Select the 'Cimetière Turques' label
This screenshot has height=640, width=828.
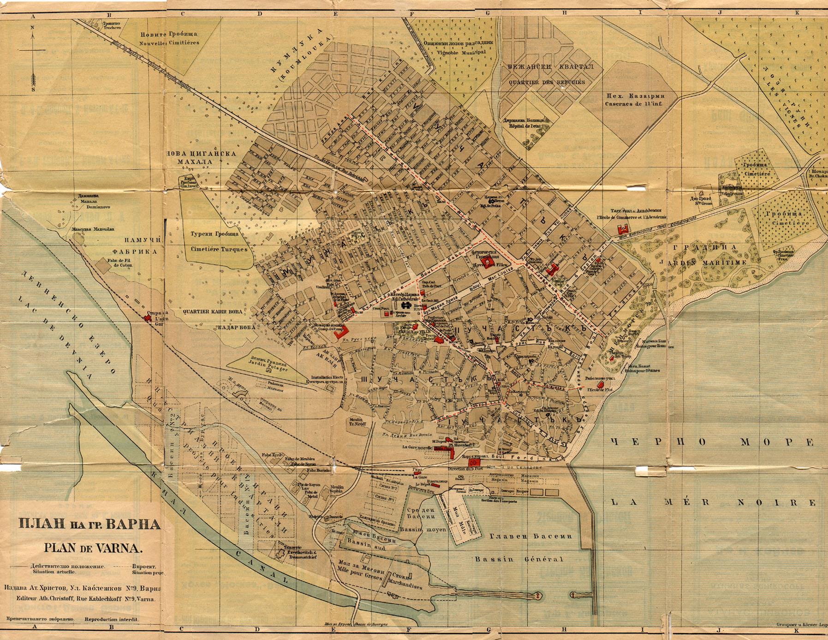[x=219, y=249]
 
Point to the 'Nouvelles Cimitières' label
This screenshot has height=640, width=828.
[x=170, y=42]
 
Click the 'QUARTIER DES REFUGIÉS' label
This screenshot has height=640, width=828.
[x=547, y=82]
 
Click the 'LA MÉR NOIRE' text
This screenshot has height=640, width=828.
[x=713, y=502]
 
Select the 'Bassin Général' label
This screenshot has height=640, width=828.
[x=519, y=560]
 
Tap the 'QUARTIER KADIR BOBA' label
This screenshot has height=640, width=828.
[x=213, y=311]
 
